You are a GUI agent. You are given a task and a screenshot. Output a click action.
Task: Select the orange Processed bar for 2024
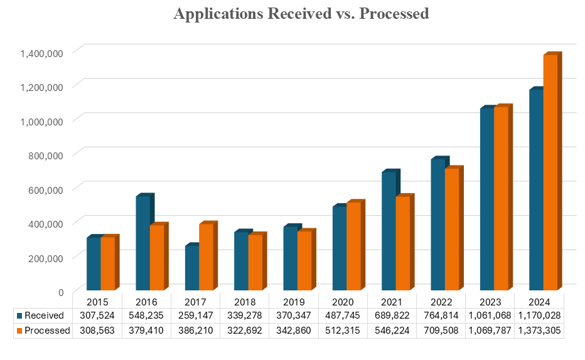(550, 172)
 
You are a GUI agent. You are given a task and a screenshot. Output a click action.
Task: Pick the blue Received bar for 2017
(191, 268)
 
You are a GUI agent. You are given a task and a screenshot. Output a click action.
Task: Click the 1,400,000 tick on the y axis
(41, 53)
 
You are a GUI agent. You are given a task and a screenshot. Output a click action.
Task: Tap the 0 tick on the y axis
(60, 292)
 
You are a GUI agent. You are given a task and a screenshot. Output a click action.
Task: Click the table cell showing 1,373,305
(539, 331)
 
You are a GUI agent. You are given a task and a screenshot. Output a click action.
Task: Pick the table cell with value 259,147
(195, 315)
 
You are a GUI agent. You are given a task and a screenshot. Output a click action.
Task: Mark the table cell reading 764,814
(440, 315)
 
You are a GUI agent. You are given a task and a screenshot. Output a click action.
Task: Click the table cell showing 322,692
(244, 331)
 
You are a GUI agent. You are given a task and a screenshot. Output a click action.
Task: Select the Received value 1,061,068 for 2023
(489, 315)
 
